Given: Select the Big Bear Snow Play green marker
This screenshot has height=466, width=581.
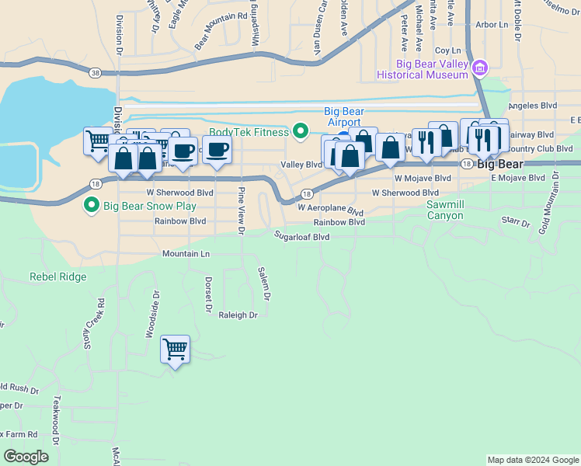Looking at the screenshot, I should point(91,206).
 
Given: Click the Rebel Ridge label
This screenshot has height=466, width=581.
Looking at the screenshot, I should point(57,276).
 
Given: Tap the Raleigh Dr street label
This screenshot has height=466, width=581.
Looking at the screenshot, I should point(237,315).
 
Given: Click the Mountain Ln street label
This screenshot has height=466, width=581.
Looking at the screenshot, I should point(186,254).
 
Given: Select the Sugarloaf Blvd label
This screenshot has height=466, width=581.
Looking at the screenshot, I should point(301,235).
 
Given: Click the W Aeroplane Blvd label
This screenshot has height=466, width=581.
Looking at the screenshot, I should point(330,209).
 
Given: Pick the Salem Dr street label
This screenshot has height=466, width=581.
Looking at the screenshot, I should point(264,284).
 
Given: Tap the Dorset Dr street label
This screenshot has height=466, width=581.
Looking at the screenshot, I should point(208,294).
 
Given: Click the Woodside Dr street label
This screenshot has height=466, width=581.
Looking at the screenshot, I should point(152,315).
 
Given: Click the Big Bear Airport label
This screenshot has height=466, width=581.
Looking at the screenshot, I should point(342,116).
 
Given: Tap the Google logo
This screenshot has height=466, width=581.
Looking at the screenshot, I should point(26,457).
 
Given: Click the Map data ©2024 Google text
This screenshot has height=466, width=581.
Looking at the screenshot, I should point(532,460).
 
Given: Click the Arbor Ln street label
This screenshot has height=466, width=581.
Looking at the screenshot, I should point(491,25).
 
